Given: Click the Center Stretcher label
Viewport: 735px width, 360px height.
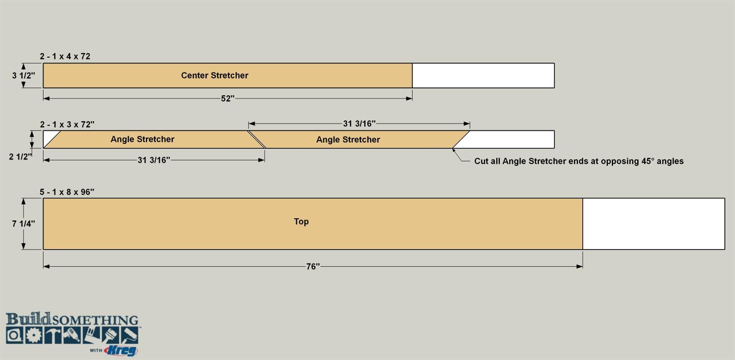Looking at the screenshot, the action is coord(215,76).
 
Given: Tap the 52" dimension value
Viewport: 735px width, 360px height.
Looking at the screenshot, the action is coord(228,99).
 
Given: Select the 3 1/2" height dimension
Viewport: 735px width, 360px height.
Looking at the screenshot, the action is coord(23,76).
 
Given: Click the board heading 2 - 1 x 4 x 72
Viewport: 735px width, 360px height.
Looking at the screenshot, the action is coord(65,56).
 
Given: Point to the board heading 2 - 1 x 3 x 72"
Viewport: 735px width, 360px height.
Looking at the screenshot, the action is coord(67,124).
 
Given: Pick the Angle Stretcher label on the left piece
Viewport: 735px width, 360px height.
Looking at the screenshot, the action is coord(143,139).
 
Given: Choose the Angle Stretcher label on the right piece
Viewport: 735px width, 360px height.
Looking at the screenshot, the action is coord(348,139).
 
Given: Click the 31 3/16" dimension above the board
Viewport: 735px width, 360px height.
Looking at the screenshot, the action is coord(359,124).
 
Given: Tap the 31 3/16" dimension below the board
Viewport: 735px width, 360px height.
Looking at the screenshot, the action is coord(153,160).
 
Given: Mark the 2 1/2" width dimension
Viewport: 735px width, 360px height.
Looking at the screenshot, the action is coord(20,157).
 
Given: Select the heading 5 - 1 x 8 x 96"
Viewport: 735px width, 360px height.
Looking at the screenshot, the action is coord(67,192).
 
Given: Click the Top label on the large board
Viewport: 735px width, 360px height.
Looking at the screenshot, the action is coord(301,222).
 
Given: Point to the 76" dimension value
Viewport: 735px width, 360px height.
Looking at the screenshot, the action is coord(313,266).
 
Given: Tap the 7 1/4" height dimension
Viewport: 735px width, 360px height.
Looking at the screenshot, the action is coord(23,224).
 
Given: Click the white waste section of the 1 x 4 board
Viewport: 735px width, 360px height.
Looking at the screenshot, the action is coord(484,76).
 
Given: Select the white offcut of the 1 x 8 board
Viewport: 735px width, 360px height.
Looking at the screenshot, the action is coord(654,224).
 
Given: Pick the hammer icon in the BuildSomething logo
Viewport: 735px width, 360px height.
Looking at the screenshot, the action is coord(53,335).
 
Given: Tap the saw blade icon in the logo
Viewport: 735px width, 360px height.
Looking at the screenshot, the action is coord(33,335).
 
